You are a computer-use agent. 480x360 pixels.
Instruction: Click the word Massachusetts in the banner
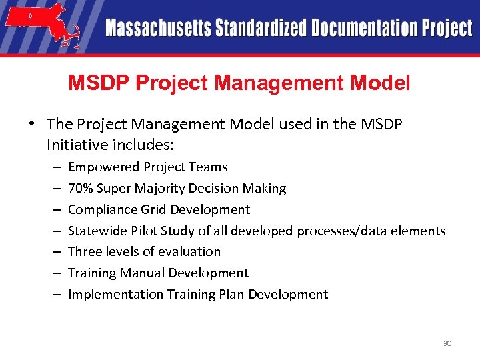(x=157, y=29)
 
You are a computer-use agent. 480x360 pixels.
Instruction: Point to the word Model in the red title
(x=382, y=83)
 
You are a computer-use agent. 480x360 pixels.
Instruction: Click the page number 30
(x=447, y=343)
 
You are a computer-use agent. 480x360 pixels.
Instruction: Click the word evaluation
(x=189, y=251)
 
